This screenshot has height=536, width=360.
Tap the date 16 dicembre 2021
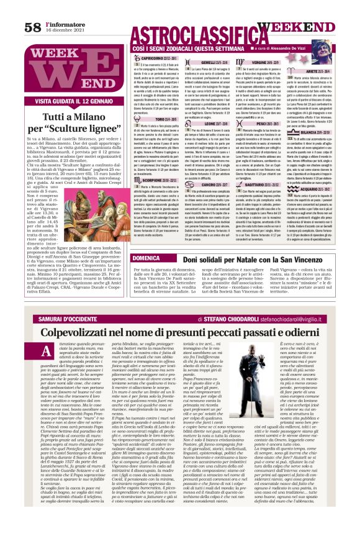pos(63,30)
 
